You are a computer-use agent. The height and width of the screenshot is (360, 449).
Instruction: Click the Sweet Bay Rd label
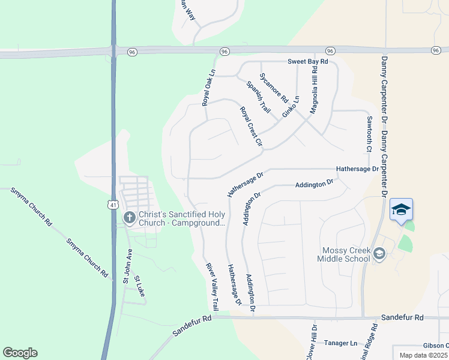[x=308, y=62]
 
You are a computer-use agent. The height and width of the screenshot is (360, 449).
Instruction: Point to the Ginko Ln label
[x=291, y=106]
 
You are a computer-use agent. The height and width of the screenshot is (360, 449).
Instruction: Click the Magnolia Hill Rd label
[x=313, y=91]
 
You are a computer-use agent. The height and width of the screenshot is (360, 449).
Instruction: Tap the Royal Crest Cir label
[x=252, y=127]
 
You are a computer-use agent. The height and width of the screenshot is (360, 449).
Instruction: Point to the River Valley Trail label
[x=213, y=286]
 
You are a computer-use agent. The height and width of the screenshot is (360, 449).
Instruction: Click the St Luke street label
[x=140, y=286]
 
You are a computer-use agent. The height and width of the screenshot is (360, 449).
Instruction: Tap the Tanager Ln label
[x=340, y=343]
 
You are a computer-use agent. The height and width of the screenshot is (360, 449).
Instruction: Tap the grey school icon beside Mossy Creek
[x=379, y=254]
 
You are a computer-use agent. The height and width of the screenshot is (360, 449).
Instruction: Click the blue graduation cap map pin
[x=401, y=209]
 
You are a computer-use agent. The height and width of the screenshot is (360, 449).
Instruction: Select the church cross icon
[x=128, y=218]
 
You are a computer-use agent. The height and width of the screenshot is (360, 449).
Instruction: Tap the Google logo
[x=20, y=353]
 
